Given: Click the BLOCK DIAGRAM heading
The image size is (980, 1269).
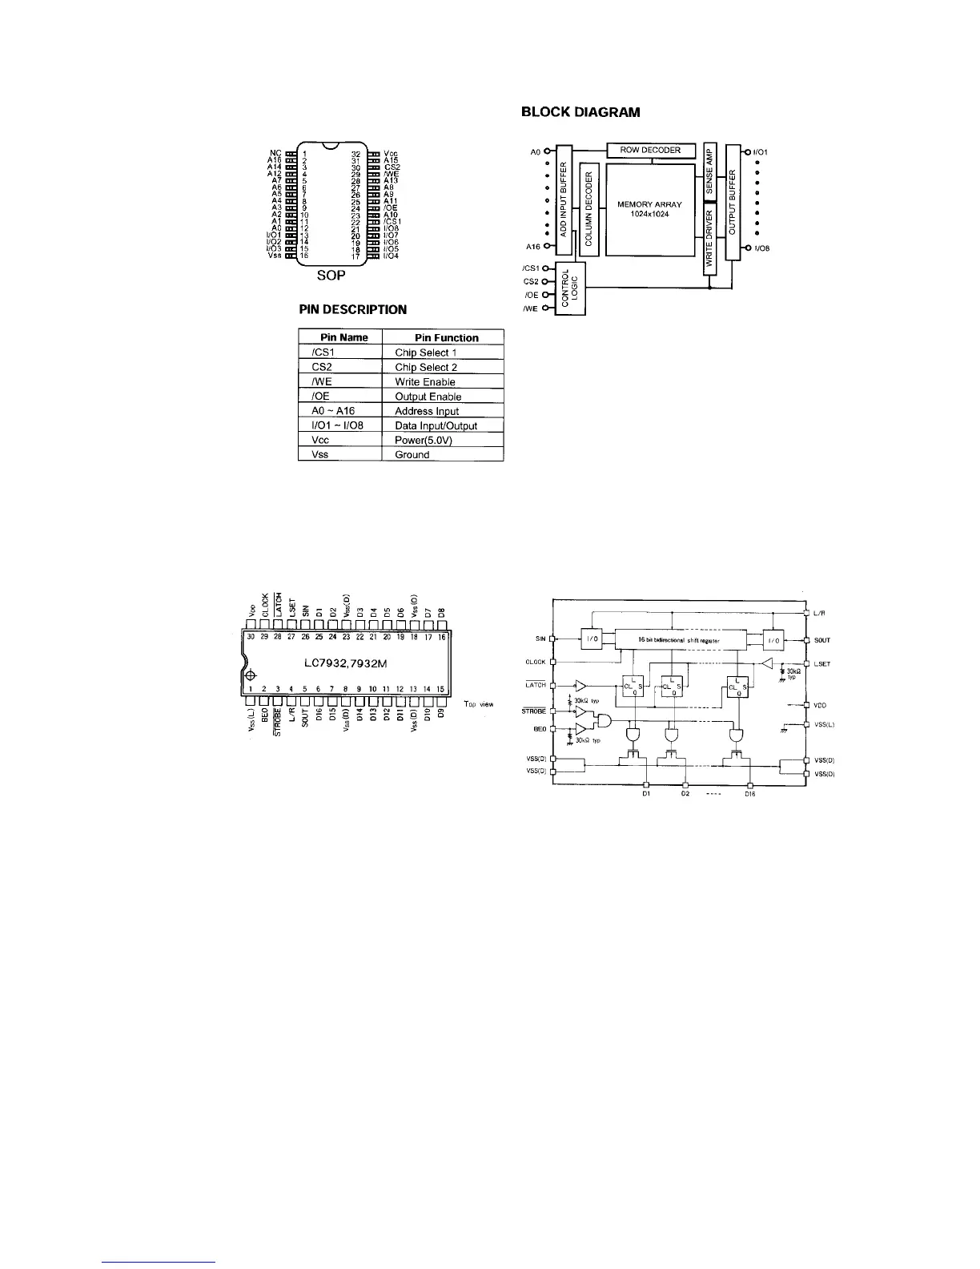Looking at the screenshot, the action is click(x=580, y=112).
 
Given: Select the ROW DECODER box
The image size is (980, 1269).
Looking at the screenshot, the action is click(x=650, y=150).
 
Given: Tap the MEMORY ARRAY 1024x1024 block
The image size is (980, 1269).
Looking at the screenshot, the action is click(x=649, y=209).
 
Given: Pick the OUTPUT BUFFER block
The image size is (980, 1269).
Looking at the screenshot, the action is click(x=733, y=202).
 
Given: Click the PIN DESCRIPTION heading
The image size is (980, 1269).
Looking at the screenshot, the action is click(x=352, y=309).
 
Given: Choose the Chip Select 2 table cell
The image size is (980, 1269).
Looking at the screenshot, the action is click(x=426, y=367).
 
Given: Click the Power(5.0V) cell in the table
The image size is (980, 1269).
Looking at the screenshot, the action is click(x=423, y=440).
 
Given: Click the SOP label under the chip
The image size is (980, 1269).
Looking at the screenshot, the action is click(x=331, y=276).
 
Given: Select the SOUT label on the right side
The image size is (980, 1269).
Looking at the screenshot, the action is click(x=821, y=640).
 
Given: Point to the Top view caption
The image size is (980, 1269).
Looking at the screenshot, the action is click(x=479, y=704).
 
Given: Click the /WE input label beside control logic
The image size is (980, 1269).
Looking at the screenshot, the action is click(x=529, y=308).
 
